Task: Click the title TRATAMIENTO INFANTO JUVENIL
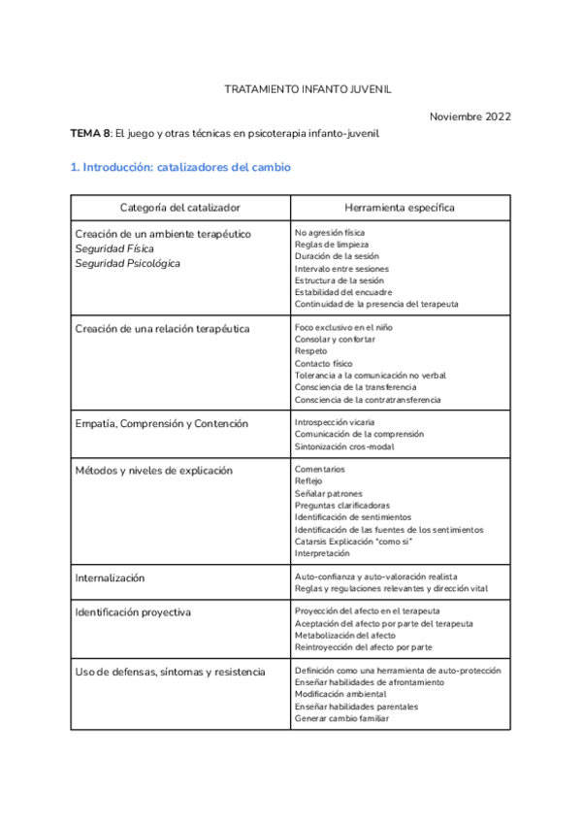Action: pos(307,88)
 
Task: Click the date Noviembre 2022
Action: pos(469,116)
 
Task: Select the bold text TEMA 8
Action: pos(89,133)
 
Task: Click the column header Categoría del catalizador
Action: pos(179,208)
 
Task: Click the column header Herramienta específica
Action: pos(400,208)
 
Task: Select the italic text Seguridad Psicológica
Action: pos(128,263)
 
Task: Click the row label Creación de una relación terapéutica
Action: pos(162,329)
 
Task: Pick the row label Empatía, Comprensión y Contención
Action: pos(161,424)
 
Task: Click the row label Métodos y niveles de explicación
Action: pos(154,471)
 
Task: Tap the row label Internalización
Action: pos(110,577)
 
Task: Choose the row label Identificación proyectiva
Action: pos(133,612)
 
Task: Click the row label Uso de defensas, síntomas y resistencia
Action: pos(170,672)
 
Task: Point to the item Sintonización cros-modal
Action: pos(344,447)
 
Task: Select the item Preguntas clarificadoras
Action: pos(342,506)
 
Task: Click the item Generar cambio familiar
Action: pos(341,718)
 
